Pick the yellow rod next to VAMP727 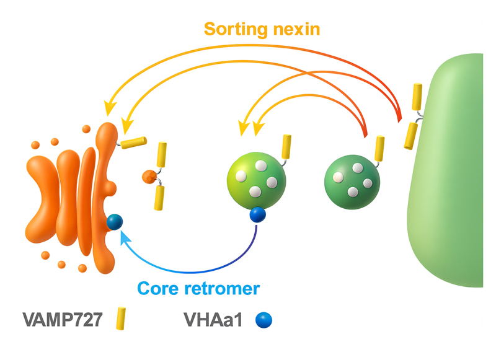pyautogui.click(x=122, y=320)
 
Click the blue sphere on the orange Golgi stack pyautogui.click(x=115, y=222)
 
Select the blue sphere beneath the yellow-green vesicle pyautogui.click(x=257, y=215)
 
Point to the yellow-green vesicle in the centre pyautogui.click(x=256, y=181)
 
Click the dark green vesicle pyautogui.click(x=352, y=180)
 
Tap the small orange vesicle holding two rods pyautogui.click(x=148, y=177)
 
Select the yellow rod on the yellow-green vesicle pyautogui.click(x=286, y=146)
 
